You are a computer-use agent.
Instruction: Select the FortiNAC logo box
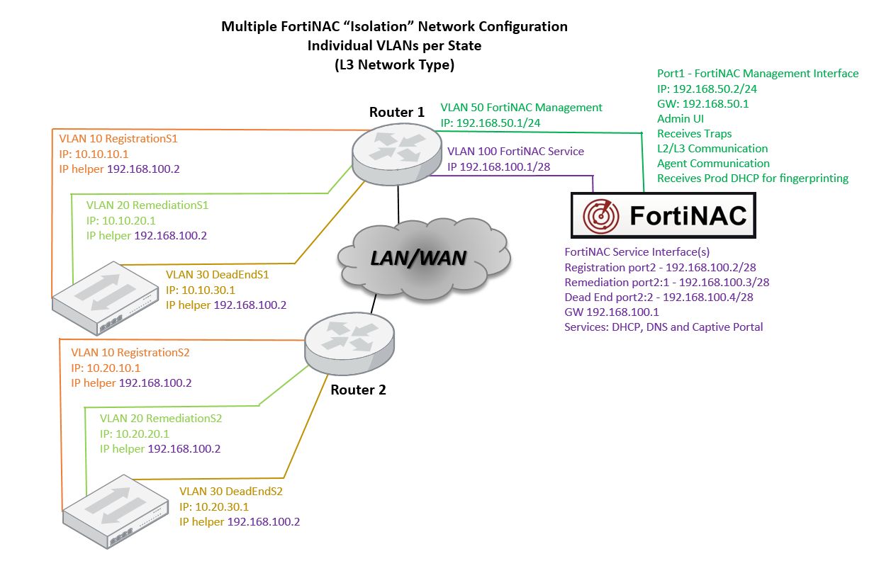click(663, 215)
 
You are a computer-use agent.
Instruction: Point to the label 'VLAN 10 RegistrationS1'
click(118, 139)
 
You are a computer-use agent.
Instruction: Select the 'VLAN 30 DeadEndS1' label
click(218, 274)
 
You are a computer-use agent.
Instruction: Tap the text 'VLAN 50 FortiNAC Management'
click(521, 108)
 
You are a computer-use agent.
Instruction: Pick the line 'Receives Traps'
click(694, 133)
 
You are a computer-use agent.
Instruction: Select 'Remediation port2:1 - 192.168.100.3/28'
click(666, 282)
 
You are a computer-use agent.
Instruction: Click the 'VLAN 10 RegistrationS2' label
click(130, 353)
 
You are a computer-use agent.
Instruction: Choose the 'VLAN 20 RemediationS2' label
click(161, 419)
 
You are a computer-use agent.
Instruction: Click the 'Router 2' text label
click(358, 390)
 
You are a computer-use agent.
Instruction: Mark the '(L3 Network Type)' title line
click(394, 64)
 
